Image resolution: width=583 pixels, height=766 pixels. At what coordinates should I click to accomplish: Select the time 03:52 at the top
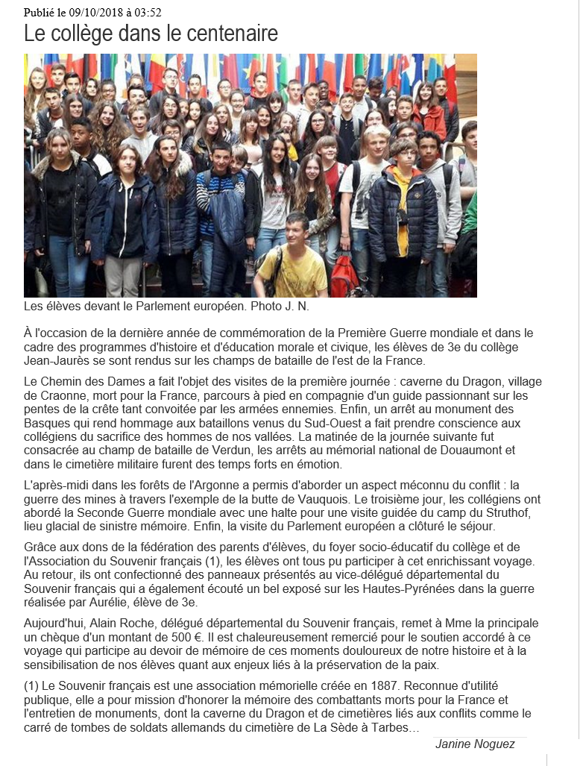pyautogui.click(x=148, y=12)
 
